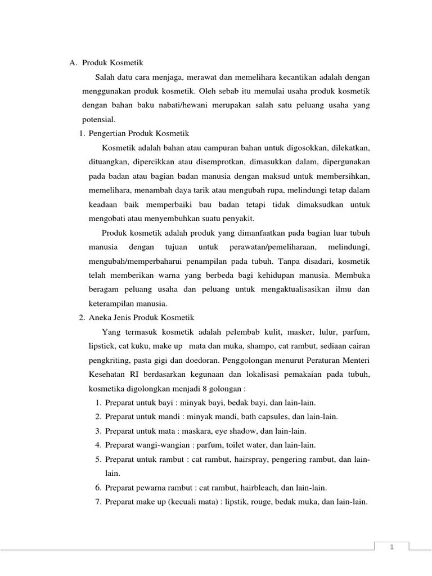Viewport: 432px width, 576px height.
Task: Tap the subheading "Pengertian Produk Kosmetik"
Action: click(134, 133)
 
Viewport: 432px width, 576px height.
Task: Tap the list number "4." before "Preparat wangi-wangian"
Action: click(98, 445)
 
